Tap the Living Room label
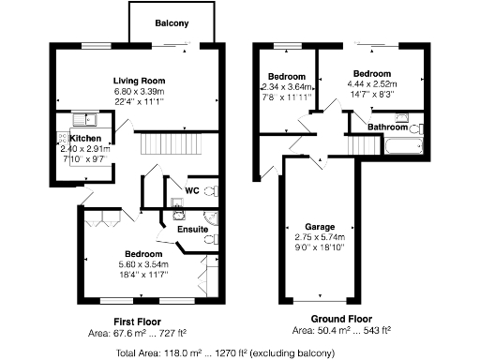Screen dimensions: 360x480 [x=140, y=81]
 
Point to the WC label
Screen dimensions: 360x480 [x=191, y=191]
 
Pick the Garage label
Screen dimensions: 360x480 [x=321, y=227]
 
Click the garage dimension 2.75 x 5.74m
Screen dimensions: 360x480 [x=321, y=237]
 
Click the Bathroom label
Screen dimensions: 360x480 [x=386, y=127]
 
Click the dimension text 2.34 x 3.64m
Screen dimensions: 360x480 [x=285, y=87]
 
